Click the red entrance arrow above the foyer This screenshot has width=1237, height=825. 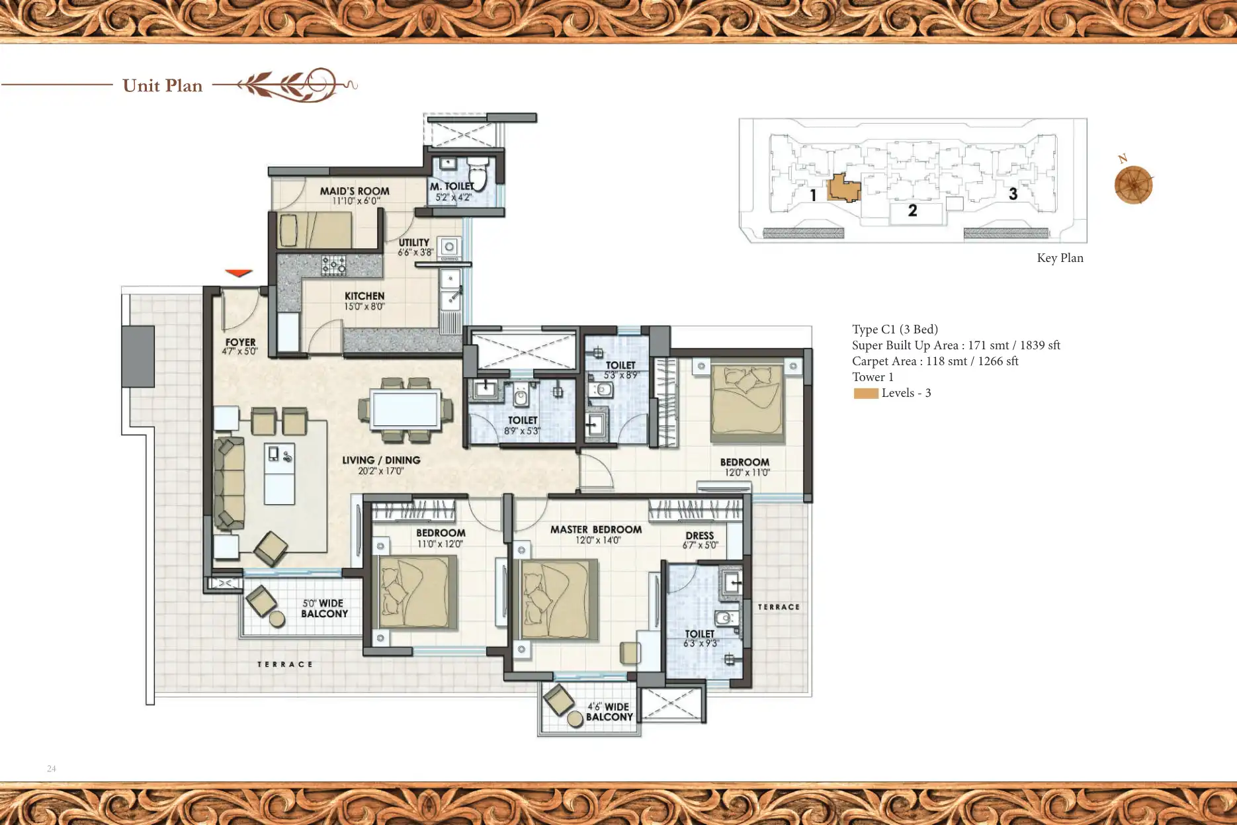click(238, 273)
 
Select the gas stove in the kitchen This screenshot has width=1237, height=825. click(333, 265)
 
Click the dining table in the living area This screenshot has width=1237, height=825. click(405, 410)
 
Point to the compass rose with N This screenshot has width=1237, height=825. click(1133, 185)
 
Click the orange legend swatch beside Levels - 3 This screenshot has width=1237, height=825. click(865, 394)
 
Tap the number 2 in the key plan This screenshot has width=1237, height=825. click(912, 211)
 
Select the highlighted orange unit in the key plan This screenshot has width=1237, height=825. click(843, 188)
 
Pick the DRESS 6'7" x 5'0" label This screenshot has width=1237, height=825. click(700, 540)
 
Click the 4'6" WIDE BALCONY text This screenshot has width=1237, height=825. click(609, 712)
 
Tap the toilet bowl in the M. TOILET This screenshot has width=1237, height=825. click(478, 175)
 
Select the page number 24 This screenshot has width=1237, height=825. click(52, 769)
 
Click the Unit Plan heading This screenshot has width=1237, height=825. click(162, 86)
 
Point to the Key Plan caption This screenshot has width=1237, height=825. click(1060, 258)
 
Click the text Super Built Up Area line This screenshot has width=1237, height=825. click(955, 345)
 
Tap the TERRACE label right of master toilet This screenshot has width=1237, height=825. click(779, 607)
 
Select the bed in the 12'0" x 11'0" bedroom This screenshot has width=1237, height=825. click(747, 403)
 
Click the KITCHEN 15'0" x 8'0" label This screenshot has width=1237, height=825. click(364, 301)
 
